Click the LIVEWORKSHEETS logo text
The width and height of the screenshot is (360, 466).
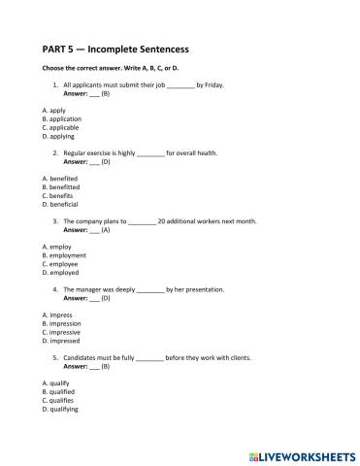pos(304,454)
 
